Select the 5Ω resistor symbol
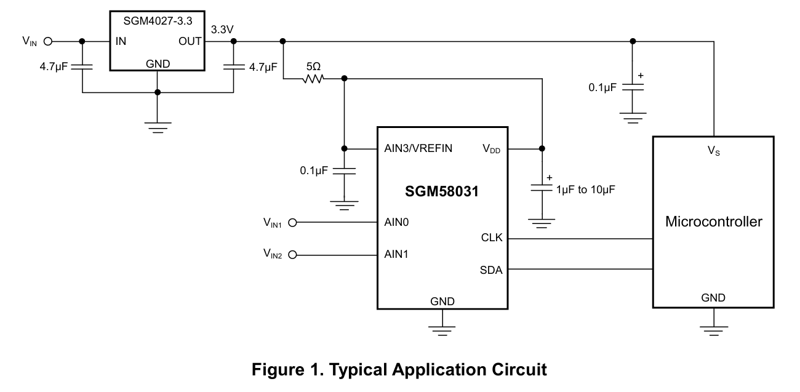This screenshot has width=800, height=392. (x=312, y=79)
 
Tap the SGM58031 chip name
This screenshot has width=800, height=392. (x=442, y=192)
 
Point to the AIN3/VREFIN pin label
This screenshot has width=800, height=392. (x=419, y=149)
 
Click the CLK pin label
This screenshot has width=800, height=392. (x=492, y=238)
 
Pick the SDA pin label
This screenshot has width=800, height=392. (x=491, y=269)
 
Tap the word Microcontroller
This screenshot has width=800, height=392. (x=713, y=222)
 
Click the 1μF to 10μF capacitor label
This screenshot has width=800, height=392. (x=585, y=190)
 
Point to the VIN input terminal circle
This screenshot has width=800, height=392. (x=48, y=42)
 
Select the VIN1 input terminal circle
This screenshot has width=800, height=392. (x=293, y=223)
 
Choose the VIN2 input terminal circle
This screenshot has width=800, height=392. (x=293, y=254)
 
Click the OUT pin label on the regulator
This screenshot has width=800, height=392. (x=190, y=42)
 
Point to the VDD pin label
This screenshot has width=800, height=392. (x=490, y=149)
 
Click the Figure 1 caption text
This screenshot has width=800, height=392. (x=399, y=370)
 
